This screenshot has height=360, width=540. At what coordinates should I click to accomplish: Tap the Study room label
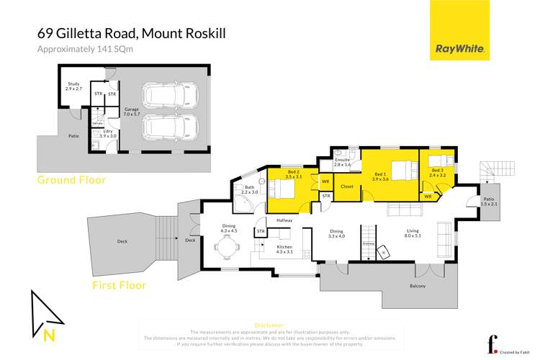[x=74, y=86]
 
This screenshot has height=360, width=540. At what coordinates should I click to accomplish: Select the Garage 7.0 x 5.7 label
[x=130, y=112]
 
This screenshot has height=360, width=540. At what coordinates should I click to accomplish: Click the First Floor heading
[x=119, y=285]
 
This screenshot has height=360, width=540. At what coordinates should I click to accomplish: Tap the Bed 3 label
[x=438, y=173]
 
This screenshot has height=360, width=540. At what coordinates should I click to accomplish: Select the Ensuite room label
[x=342, y=162]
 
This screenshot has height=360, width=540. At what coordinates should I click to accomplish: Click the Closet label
[x=346, y=186]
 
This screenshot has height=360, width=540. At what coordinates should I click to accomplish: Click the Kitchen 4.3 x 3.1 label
[x=284, y=249]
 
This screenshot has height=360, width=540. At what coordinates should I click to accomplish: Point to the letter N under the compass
[x=48, y=334]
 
